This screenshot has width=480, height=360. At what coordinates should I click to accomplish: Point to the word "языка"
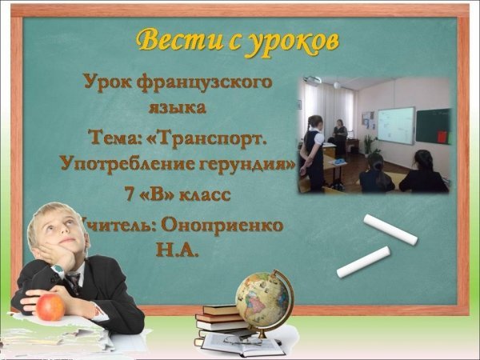(x=178, y=108)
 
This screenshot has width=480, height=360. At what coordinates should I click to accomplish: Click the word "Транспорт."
(x=210, y=138)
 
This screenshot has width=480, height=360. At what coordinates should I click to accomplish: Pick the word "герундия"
(x=243, y=165)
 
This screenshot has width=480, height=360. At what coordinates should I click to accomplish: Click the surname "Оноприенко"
(x=222, y=226)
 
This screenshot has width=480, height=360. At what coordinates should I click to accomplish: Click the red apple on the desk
(x=50, y=306)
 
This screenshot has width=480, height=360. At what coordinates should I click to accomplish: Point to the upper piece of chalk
(x=390, y=230)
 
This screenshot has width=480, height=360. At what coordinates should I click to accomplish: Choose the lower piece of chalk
(x=363, y=262)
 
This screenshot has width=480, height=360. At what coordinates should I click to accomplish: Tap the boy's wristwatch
(x=58, y=270)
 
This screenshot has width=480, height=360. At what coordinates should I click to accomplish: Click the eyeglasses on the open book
(x=242, y=340)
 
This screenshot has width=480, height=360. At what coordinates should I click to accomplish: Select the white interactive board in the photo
(x=396, y=126)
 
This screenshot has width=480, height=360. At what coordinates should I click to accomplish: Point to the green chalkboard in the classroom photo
(x=433, y=126)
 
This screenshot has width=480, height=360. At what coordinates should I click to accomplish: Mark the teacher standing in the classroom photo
(x=340, y=138)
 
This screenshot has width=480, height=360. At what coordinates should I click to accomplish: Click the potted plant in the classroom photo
(x=371, y=145)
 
